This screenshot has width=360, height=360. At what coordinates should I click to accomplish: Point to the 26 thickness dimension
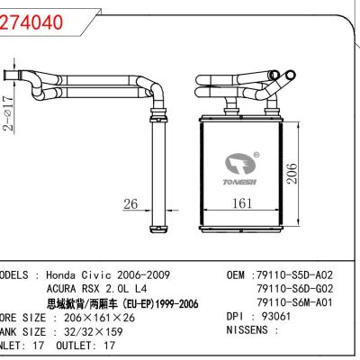tap(130, 204)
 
